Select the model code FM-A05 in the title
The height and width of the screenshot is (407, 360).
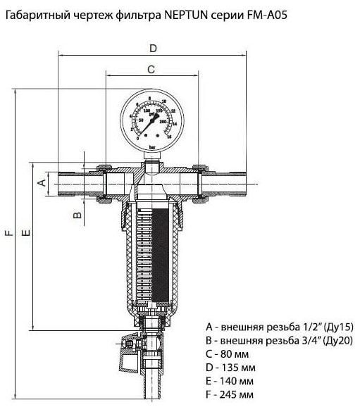(x=251, y=12)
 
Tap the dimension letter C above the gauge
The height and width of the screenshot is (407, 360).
(x=150, y=69)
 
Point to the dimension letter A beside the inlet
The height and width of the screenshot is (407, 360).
(x=41, y=182)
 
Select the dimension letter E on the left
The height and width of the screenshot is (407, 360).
(x=26, y=232)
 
